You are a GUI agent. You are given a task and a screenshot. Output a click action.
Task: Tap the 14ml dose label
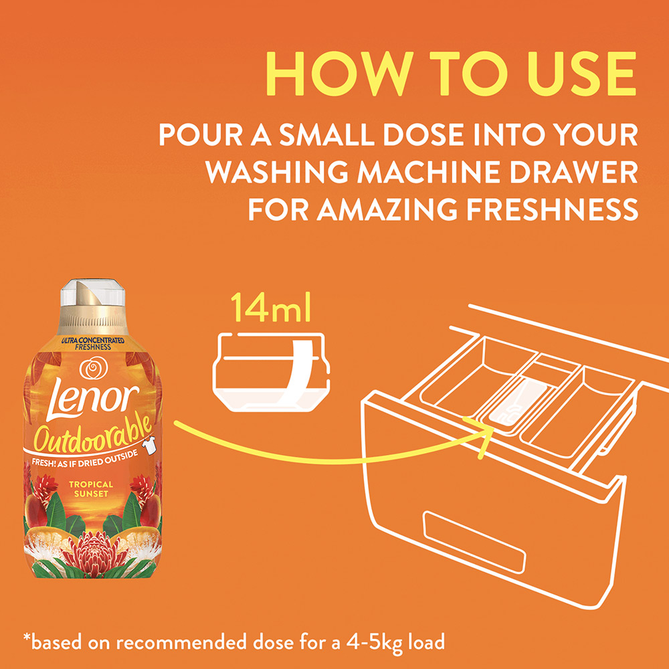(x=270, y=307)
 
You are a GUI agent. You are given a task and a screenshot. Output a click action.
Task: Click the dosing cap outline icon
(x=272, y=372)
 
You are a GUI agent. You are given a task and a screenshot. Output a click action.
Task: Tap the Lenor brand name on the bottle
(x=93, y=397)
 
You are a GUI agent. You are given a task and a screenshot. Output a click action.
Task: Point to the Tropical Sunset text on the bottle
(x=91, y=489)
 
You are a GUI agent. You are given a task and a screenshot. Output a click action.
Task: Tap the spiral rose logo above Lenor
(x=93, y=368)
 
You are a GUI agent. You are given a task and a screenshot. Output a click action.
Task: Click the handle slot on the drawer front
(x=474, y=541)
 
